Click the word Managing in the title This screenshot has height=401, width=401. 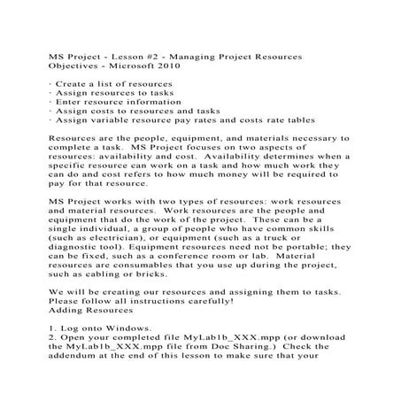pos(187,57)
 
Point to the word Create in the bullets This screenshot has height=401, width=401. pos(72,84)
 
